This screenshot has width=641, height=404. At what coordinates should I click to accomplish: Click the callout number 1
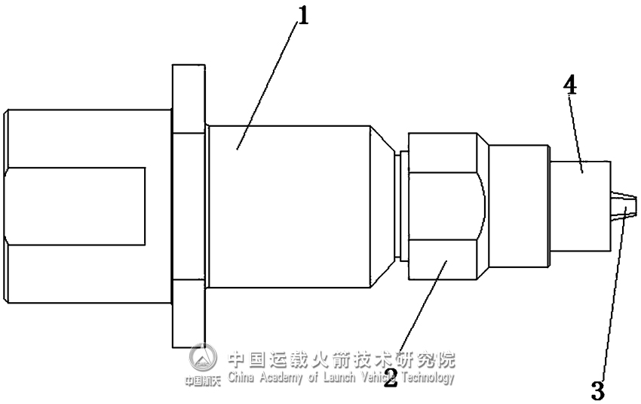[303, 16]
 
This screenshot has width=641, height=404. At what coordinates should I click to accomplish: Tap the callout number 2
[390, 377]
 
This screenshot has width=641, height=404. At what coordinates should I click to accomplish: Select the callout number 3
[597, 390]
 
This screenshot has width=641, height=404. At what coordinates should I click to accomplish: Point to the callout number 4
[570, 85]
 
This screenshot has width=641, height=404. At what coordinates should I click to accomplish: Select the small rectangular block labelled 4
[579, 205]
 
